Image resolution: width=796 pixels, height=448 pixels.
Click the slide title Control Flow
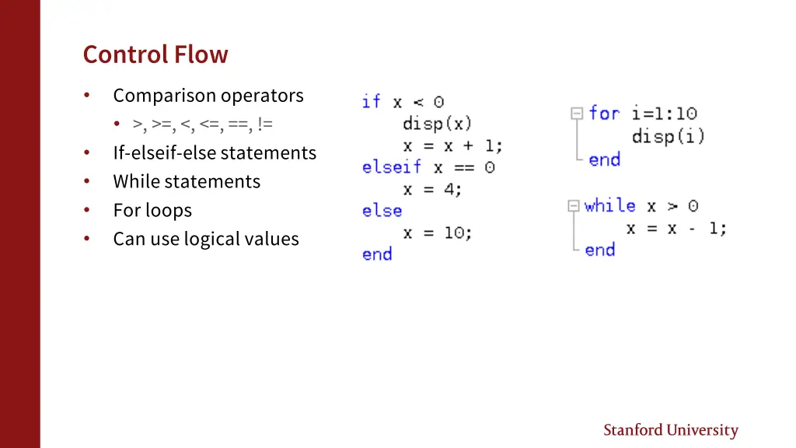tap(155, 54)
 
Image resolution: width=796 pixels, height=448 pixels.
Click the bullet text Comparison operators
tap(208, 96)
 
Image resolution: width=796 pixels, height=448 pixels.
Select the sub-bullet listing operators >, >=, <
tap(203, 124)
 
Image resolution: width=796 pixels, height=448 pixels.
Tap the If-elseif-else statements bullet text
tap(215, 153)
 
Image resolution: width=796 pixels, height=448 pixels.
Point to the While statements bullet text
tap(187, 182)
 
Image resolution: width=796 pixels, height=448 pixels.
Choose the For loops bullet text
tap(152, 211)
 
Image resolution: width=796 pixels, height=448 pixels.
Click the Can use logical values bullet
tap(206, 240)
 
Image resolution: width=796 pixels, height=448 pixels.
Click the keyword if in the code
tap(371, 102)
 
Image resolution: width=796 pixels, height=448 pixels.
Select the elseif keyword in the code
tap(392, 167)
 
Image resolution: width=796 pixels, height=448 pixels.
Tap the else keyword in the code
tap(382, 211)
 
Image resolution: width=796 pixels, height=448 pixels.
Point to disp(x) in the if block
tap(438, 124)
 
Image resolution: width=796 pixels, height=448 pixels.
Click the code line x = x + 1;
tap(453, 145)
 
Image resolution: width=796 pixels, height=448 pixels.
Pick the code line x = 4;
tap(432, 189)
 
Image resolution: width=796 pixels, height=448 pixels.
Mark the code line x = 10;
tap(438, 233)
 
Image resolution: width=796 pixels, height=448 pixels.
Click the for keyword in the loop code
tap(604, 114)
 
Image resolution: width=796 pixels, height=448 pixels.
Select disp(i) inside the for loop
tap(669, 137)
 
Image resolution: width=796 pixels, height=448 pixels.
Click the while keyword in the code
tap(610, 206)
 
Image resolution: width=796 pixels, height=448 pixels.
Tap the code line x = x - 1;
tap(676, 229)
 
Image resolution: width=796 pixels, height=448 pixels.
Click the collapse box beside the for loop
tap(577, 114)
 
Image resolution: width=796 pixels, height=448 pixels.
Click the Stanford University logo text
tap(671, 430)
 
